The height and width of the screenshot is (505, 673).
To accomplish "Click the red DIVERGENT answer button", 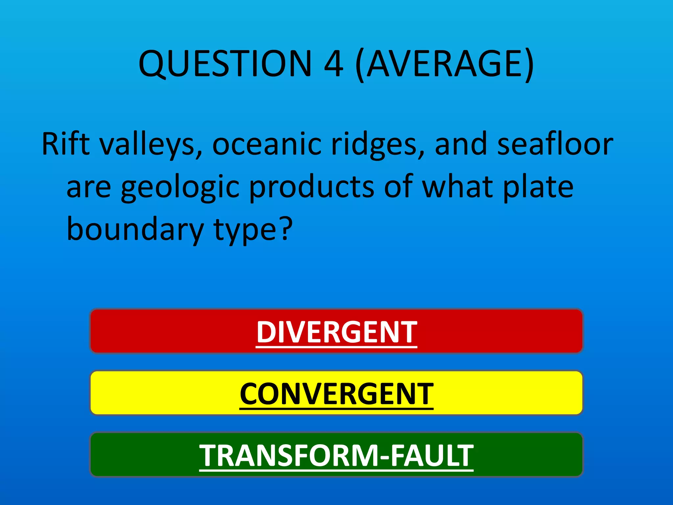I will tap(336, 331).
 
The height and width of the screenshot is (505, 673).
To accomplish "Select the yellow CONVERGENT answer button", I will tap(336, 393).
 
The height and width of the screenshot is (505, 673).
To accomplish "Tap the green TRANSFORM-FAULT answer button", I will tap(336, 455).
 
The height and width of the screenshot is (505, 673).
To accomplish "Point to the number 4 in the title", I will tap(334, 64).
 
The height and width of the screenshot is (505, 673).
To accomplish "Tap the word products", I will tap(312, 187).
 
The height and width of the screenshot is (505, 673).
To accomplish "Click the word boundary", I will tap(135, 230).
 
